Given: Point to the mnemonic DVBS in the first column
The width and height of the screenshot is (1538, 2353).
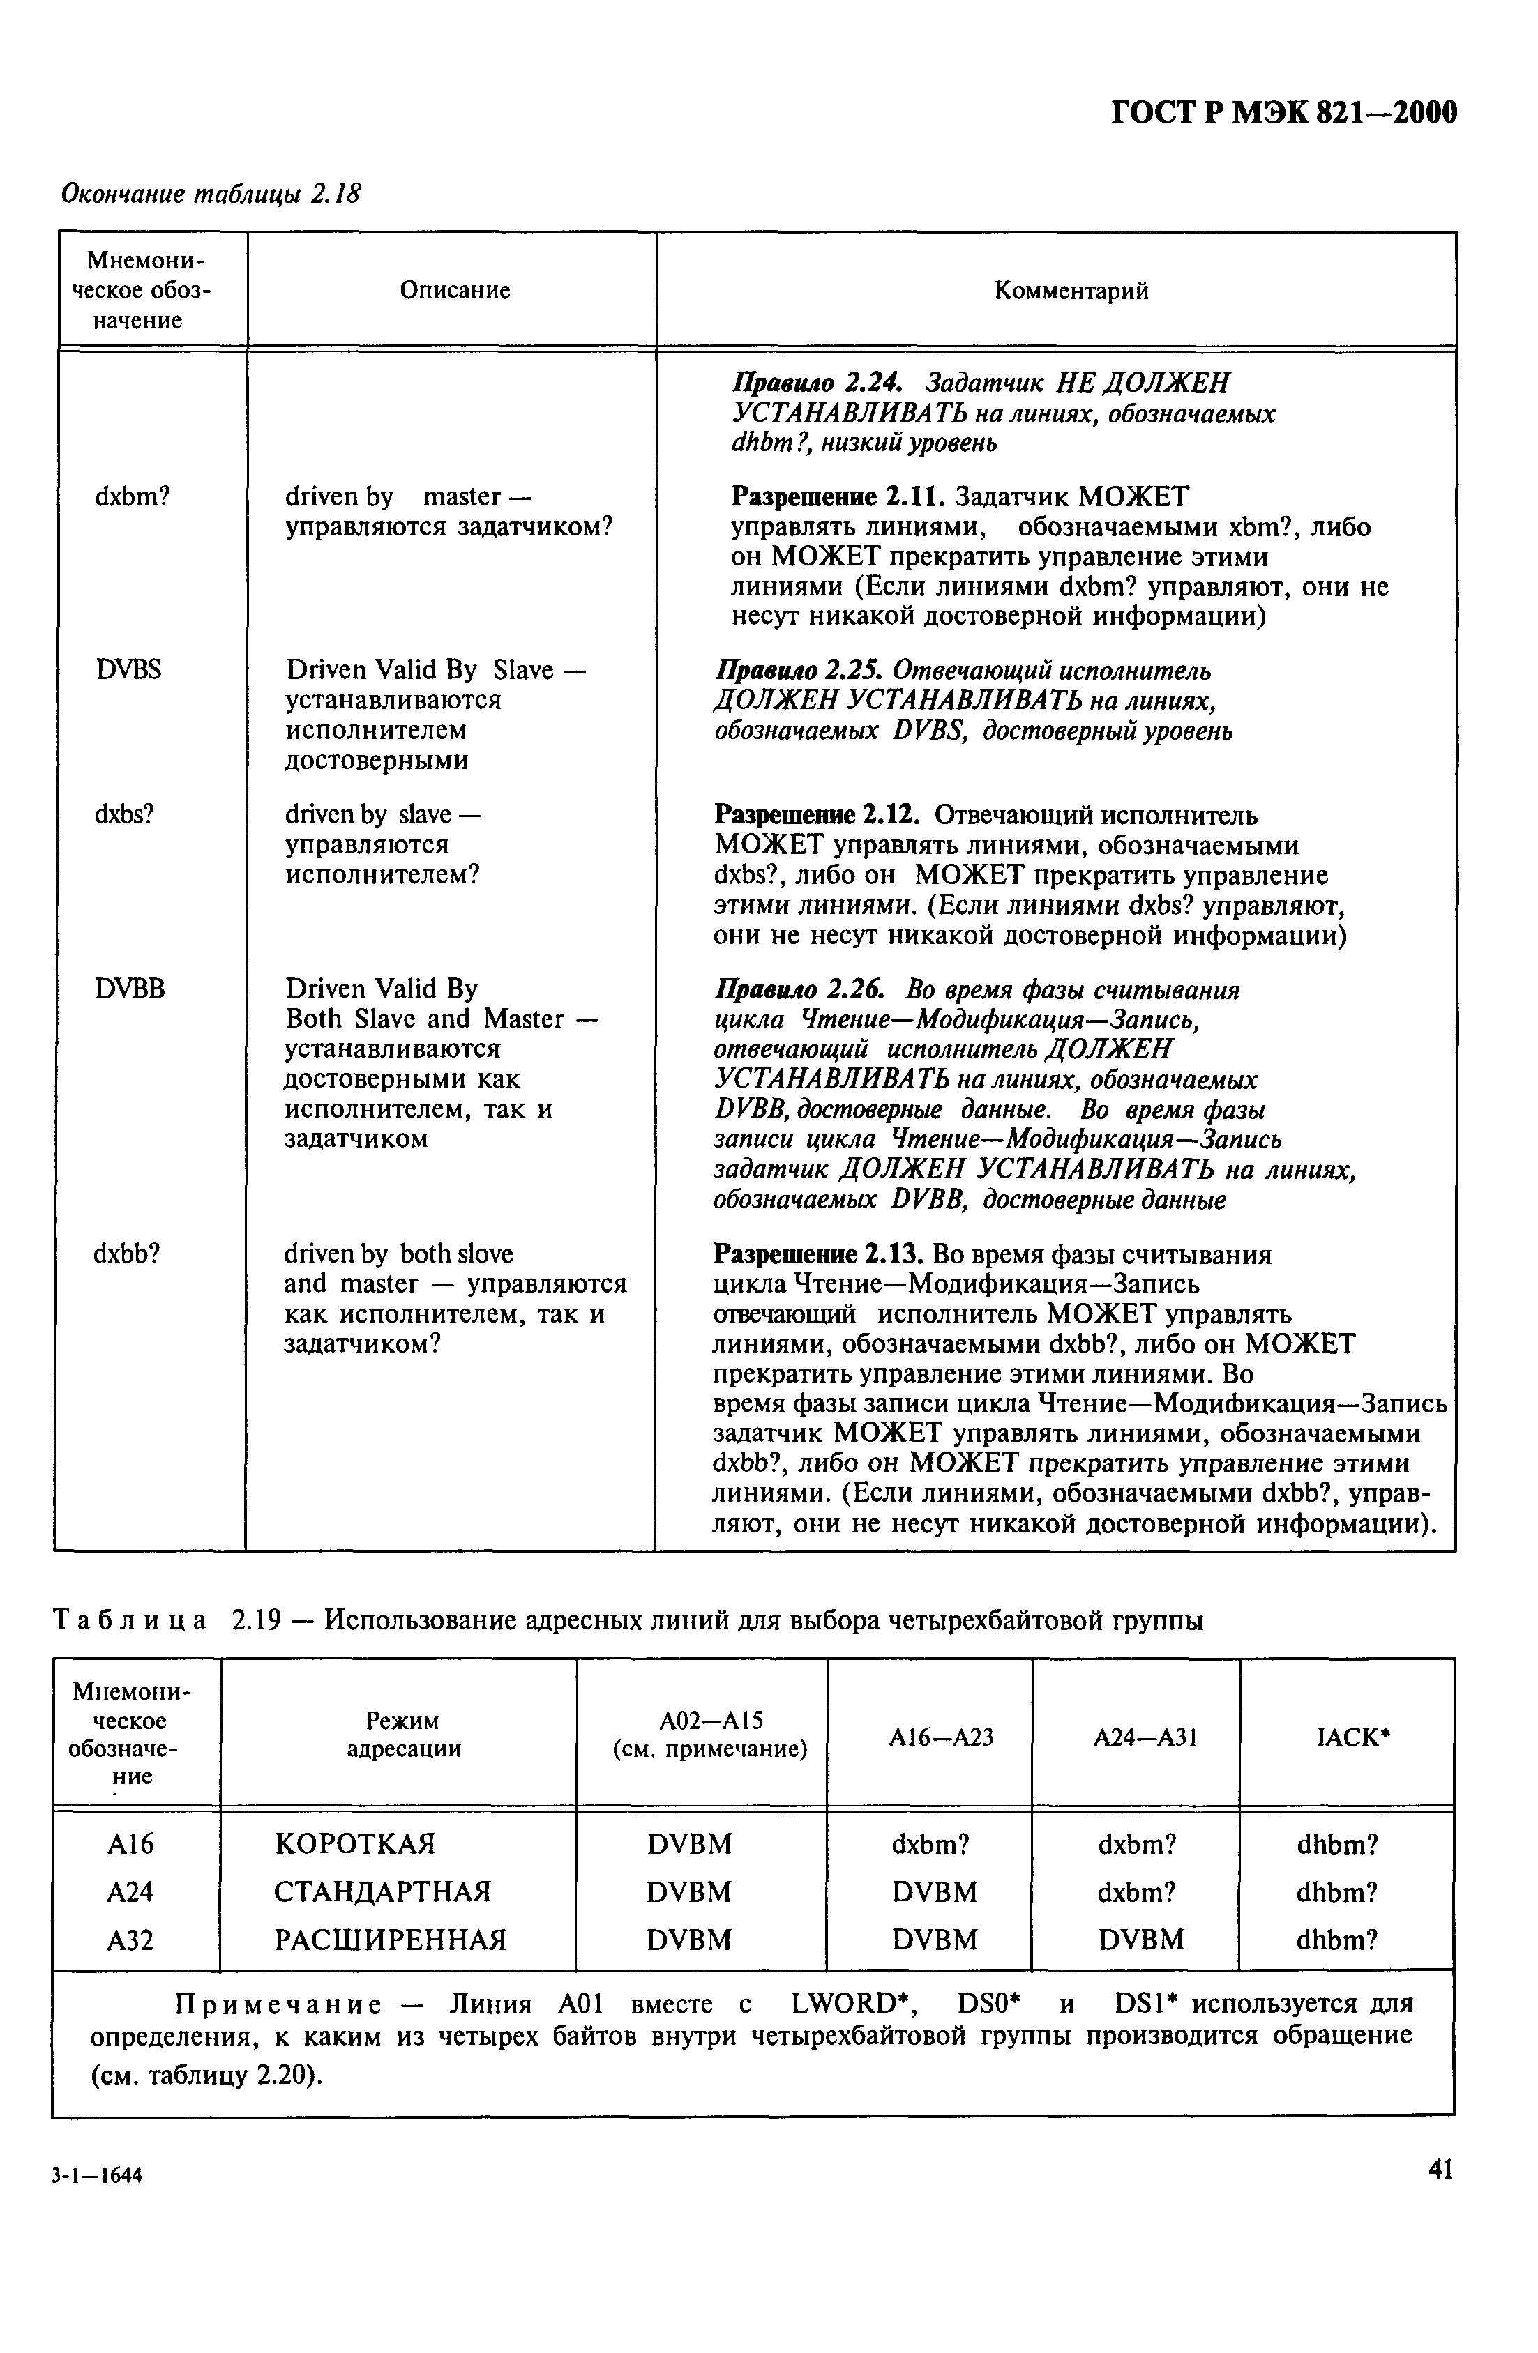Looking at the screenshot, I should (x=128, y=670).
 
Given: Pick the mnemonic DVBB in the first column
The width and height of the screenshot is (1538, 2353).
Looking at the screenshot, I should (x=130, y=989).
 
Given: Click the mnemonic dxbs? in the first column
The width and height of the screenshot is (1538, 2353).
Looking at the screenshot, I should (x=123, y=814).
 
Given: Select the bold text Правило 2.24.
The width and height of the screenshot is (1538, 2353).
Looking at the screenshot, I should (x=810, y=383).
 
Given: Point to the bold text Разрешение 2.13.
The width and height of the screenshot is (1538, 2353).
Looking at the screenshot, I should (x=818, y=1255).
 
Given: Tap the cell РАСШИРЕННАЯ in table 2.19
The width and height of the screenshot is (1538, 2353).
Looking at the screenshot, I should (x=390, y=1940).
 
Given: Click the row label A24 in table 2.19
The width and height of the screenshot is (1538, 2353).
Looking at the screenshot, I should (x=130, y=1892).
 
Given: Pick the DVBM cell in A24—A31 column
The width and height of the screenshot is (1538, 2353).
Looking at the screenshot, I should (x=1140, y=1940).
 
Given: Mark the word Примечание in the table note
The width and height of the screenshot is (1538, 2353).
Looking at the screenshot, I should (x=277, y=2004).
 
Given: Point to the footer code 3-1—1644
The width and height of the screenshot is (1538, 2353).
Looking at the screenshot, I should (x=98, y=2176).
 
